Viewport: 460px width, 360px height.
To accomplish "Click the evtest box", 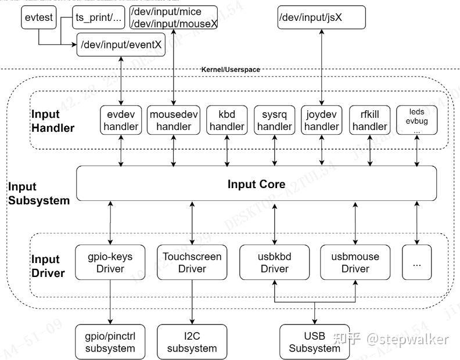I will (x=39, y=17).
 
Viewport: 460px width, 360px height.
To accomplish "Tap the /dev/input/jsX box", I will (x=321, y=17).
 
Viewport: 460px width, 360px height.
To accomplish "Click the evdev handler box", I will (x=121, y=120).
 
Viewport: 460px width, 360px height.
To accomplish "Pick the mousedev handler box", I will (x=174, y=120).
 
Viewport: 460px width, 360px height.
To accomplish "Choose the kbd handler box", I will (x=227, y=120).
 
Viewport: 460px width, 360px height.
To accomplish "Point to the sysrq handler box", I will (x=275, y=120).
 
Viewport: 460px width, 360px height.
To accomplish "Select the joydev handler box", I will (x=321, y=120).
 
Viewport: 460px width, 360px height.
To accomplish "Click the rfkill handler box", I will (x=369, y=120).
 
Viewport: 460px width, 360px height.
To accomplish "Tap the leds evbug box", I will (x=416, y=120).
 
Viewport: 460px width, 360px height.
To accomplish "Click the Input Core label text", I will (x=256, y=185).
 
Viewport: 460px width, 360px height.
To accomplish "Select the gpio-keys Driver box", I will (x=110, y=262).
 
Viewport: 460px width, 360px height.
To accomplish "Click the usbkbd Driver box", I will (x=274, y=262).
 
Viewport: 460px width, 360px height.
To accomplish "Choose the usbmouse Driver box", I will (x=355, y=262).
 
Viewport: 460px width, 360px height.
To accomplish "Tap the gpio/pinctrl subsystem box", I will (x=110, y=342).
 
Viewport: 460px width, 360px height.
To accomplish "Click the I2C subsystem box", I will (x=192, y=342).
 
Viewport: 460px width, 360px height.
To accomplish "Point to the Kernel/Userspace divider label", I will (x=231, y=70).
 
